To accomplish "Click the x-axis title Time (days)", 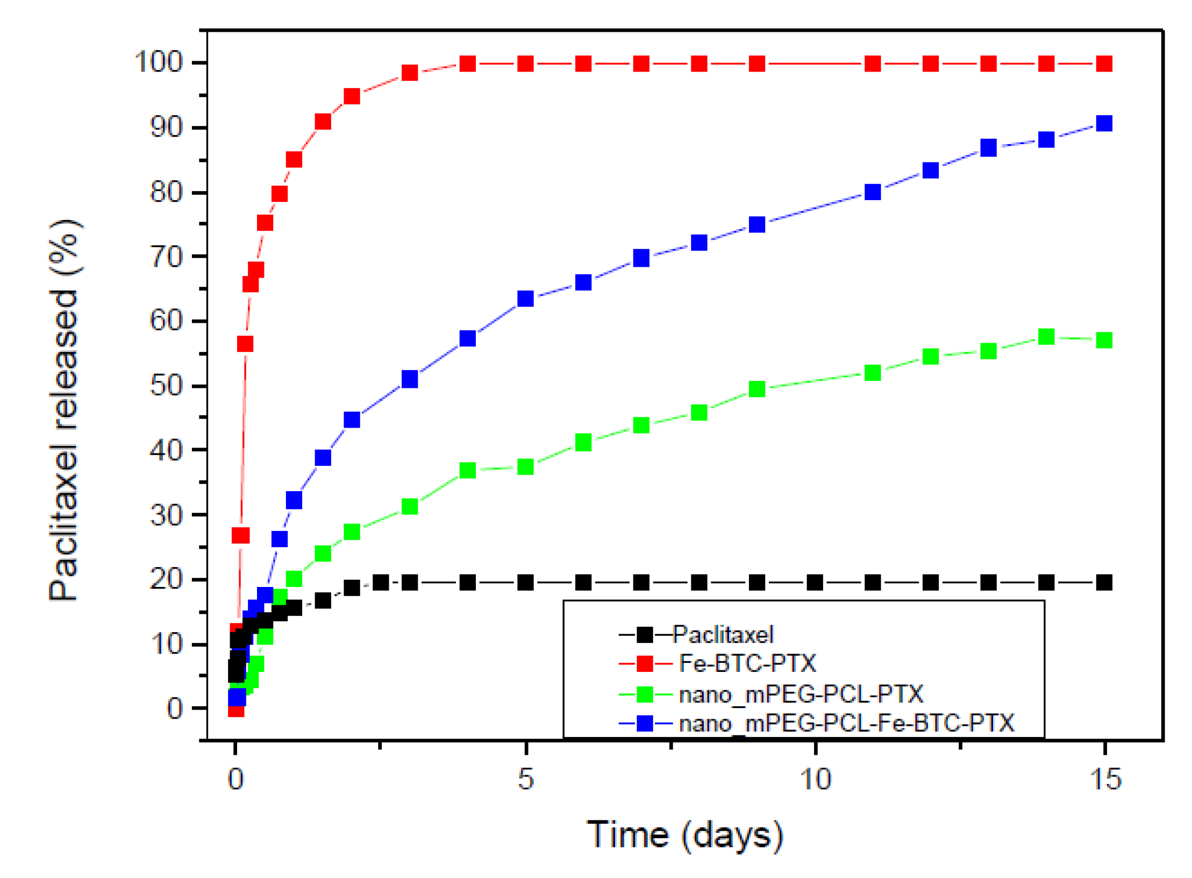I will (684, 835).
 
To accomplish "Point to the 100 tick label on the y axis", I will (159, 62).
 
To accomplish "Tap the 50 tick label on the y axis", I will (167, 385).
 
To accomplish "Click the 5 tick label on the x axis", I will (525, 778).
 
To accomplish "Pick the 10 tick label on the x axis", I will (815, 778).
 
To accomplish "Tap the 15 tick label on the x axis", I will (1105, 778).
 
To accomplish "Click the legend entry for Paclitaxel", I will (722, 635).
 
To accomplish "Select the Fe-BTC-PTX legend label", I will (747, 663).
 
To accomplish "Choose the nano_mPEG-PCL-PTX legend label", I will (801, 694).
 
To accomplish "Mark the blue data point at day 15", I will (1104, 123).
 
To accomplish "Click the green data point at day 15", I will (1104, 340).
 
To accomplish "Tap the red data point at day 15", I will (1104, 63).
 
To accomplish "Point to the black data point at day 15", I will (1104, 582).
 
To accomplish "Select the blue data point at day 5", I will (525, 298).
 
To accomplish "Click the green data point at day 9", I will (756, 388).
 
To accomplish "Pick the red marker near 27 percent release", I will (240, 535).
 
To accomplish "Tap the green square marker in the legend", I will (645, 694).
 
